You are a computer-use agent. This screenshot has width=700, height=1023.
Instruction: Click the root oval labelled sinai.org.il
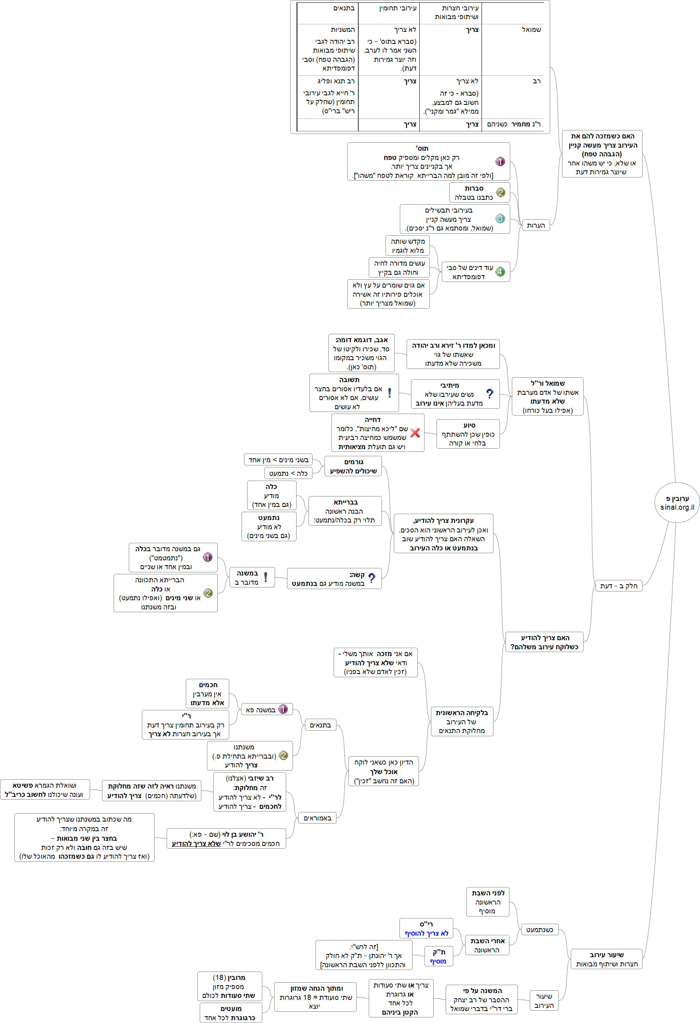pos(677,502)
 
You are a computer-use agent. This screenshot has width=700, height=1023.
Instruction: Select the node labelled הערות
pos(535,225)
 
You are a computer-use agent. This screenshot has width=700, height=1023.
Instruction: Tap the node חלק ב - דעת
pos(619,585)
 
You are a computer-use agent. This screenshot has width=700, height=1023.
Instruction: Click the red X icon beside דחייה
pos(415,433)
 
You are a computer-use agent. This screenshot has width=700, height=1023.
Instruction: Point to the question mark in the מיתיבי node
pos(490,394)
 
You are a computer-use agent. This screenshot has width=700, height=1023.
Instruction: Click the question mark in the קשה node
pos(372,578)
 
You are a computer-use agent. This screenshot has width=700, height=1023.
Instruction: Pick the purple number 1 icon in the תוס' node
pos(500,162)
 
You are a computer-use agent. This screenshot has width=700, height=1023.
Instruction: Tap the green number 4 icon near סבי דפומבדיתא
pos(500,272)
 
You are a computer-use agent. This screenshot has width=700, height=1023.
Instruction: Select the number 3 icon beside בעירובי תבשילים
pos(500,219)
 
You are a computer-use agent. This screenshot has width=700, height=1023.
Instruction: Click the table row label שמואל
pos(531,30)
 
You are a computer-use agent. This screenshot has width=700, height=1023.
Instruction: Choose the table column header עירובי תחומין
pos(398,8)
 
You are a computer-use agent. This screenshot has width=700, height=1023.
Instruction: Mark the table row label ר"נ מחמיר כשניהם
pos(514,124)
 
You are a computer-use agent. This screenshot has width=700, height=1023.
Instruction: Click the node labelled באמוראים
pos(317,818)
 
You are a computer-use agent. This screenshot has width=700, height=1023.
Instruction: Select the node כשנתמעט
pos(539,930)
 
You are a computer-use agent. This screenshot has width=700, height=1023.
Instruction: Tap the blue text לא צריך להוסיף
pos(426,933)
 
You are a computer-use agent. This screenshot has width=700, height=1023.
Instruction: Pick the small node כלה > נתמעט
pos(288,473)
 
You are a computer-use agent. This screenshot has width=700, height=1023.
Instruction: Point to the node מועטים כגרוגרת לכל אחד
pos(230,1013)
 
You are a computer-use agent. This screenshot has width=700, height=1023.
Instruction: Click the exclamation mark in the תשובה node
pos(389,393)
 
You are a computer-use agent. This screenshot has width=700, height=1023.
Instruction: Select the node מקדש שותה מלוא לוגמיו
pos(407,246)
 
